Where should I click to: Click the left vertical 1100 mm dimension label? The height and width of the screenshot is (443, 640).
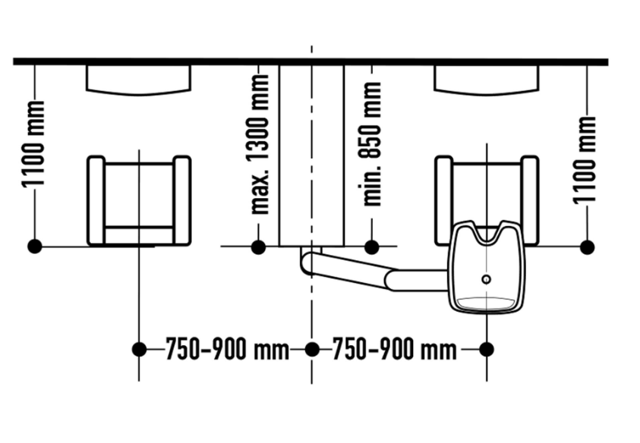(x=33, y=145)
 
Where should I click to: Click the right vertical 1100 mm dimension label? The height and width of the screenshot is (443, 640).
(x=585, y=160)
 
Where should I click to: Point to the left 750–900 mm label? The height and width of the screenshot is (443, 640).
(x=227, y=350)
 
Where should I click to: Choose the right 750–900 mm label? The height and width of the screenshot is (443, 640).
(x=394, y=350)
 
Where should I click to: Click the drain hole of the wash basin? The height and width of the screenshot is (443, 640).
(x=486, y=279)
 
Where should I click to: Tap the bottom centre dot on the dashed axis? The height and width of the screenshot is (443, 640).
(x=312, y=350)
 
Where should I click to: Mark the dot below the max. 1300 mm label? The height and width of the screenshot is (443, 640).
(x=258, y=247)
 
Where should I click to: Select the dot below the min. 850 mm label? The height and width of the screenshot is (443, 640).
(x=371, y=247)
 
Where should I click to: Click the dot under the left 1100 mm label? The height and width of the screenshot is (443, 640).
(x=35, y=247)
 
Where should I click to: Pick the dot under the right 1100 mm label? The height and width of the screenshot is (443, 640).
(x=587, y=247)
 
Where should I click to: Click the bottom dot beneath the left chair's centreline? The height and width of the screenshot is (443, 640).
(x=139, y=350)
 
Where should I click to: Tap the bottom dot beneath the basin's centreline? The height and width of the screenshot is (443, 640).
(x=487, y=350)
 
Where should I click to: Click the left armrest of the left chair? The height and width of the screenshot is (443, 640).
(x=96, y=201)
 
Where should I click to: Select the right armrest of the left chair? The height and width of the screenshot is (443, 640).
(x=181, y=201)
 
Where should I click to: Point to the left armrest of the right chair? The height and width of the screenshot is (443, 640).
(x=443, y=200)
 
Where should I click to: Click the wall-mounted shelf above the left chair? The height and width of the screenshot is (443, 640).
(x=138, y=80)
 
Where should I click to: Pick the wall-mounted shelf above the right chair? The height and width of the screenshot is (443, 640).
(x=486, y=80)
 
